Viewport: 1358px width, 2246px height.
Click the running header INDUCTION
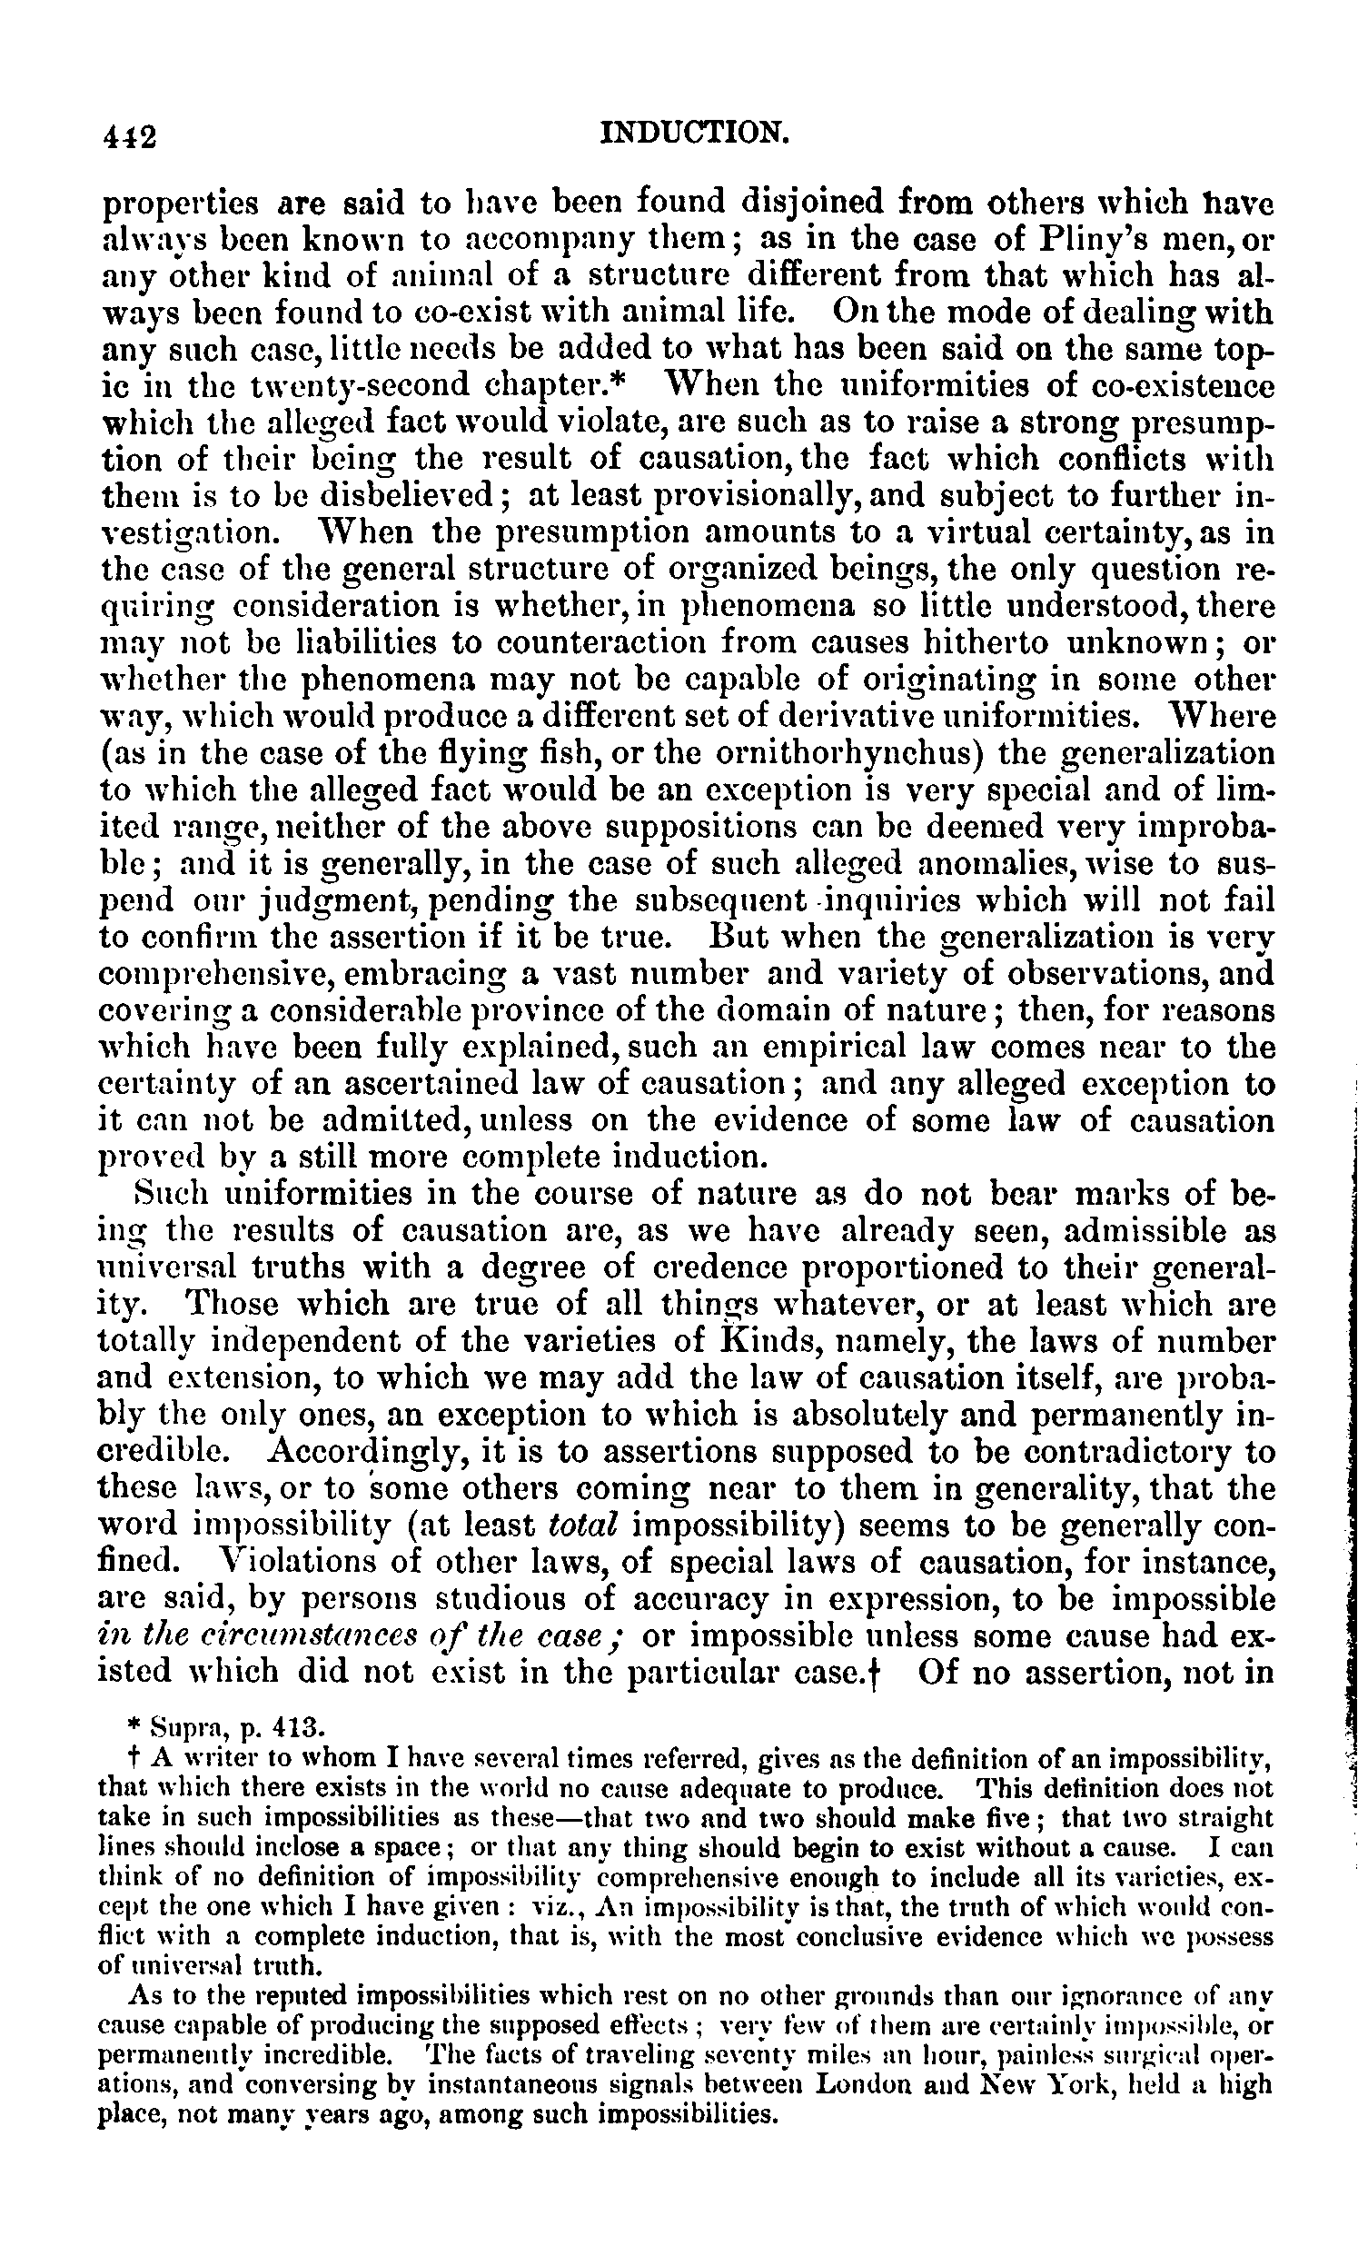[x=694, y=133]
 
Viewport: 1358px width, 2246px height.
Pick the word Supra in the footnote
[x=182, y=1726]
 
